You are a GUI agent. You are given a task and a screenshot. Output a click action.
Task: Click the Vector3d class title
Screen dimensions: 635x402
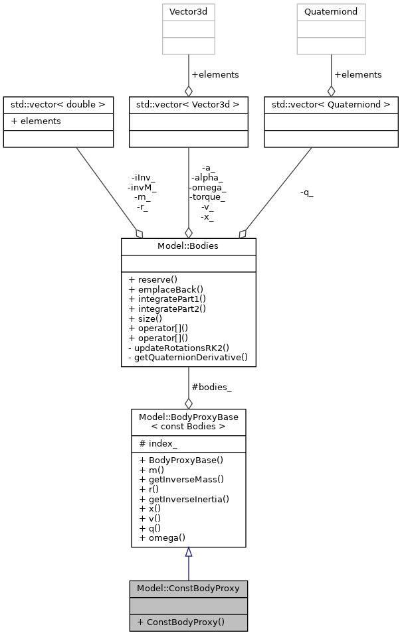click(x=189, y=12)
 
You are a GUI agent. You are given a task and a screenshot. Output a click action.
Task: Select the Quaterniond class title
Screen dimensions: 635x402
click(x=331, y=12)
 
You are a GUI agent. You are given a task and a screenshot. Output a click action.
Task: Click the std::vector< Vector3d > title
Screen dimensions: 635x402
click(x=189, y=105)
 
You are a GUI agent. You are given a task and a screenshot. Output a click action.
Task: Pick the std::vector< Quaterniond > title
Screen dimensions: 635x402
click(x=331, y=105)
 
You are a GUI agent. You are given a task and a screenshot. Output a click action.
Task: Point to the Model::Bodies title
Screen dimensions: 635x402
click(x=189, y=246)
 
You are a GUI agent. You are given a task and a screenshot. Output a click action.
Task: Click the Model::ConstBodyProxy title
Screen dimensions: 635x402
click(x=189, y=589)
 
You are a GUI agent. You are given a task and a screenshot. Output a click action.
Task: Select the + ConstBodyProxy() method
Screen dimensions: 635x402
click(x=181, y=622)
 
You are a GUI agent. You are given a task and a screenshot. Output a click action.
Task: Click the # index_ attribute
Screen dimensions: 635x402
click(x=158, y=443)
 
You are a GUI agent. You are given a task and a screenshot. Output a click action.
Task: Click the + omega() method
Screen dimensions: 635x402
click(x=162, y=537)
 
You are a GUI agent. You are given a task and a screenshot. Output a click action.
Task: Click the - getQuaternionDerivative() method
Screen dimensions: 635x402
click(x=187, y=357)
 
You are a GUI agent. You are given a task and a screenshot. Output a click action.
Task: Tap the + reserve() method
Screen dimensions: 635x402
click(x=159, y=279)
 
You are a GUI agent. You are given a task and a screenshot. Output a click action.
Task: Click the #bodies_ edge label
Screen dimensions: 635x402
click(x=211, y=387)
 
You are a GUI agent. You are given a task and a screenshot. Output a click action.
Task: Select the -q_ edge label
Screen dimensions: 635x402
click(x=306, y=193)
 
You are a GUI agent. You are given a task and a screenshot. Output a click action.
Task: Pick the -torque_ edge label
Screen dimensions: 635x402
click(x=208, y=197)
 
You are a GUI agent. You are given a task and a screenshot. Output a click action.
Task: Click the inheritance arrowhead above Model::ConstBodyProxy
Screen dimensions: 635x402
click(x=189, y=552)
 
